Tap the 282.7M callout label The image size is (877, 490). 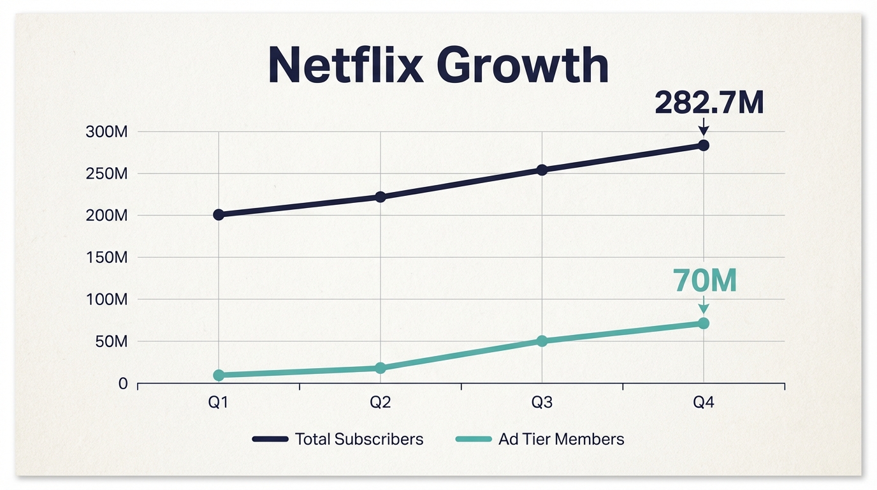click(709, 103)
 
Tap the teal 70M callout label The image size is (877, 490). click(705, 281)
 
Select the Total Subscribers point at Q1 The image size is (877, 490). click(219, 214)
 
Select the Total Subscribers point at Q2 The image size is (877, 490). click(381, 197)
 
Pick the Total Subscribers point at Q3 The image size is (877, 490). click(542, 170)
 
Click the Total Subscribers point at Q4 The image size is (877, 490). click(704, 145)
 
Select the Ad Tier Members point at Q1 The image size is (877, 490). click(219, 375)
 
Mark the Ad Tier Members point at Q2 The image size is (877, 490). click(381, 368)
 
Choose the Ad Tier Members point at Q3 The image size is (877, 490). click(542, 341)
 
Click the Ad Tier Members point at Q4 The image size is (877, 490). click(704, 323)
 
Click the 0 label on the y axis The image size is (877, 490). click(123, 383)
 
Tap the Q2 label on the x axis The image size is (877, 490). click(380, 403)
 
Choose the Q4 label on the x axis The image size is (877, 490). click(704, 403)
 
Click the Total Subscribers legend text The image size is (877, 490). click(359, 439)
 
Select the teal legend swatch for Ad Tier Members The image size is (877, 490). click(474, 439)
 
